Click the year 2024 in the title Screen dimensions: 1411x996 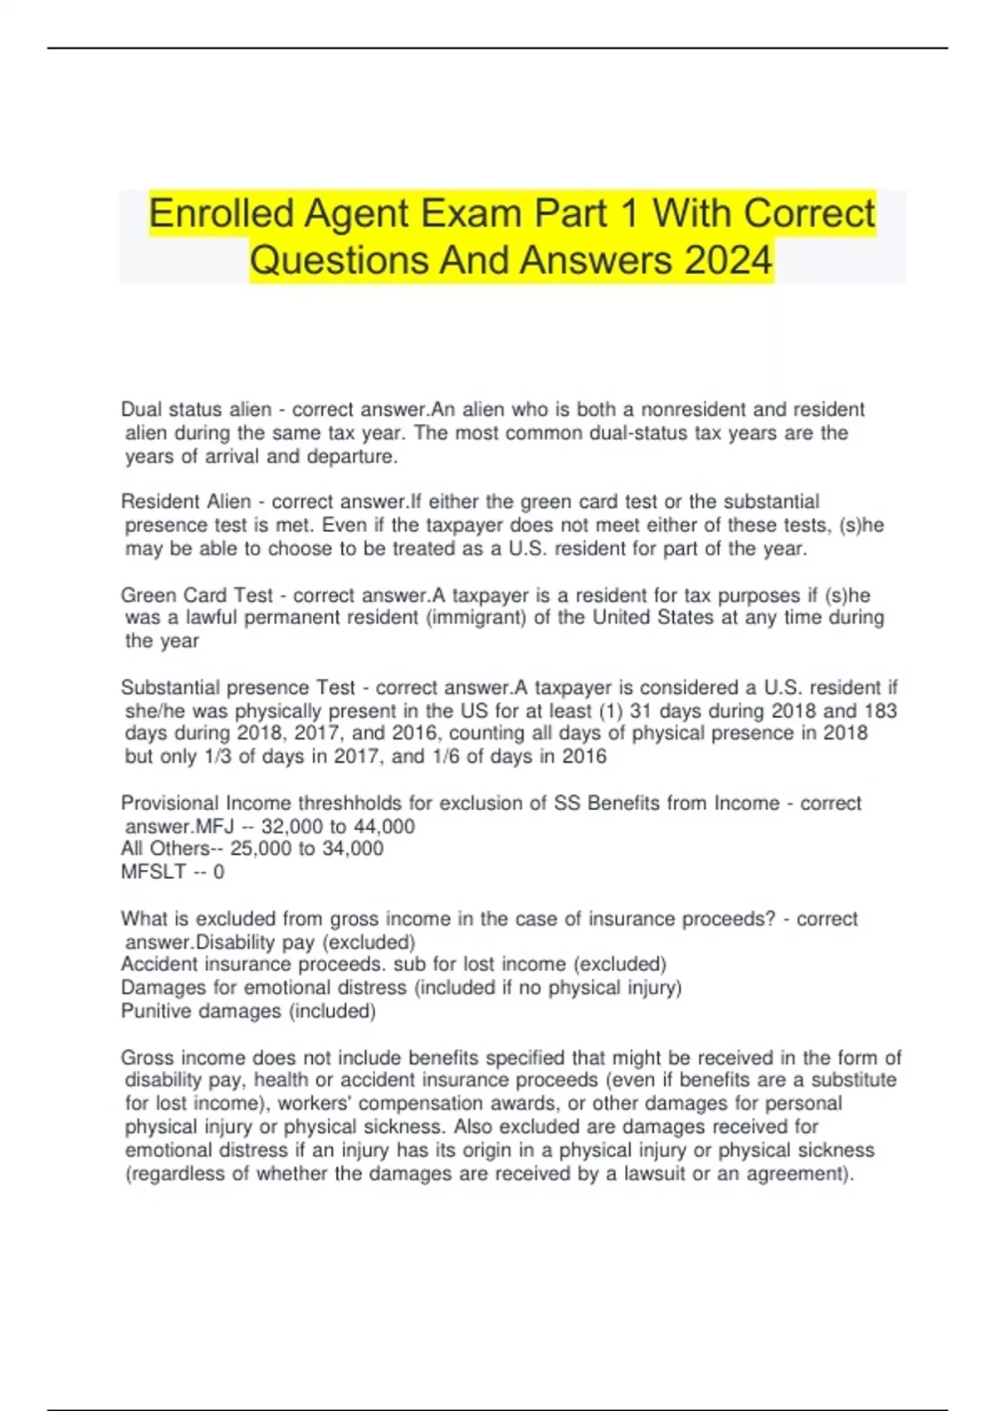729,260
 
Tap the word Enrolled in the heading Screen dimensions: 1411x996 221,213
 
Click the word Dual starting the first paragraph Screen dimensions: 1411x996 141,409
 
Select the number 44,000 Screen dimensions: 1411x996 383,827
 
